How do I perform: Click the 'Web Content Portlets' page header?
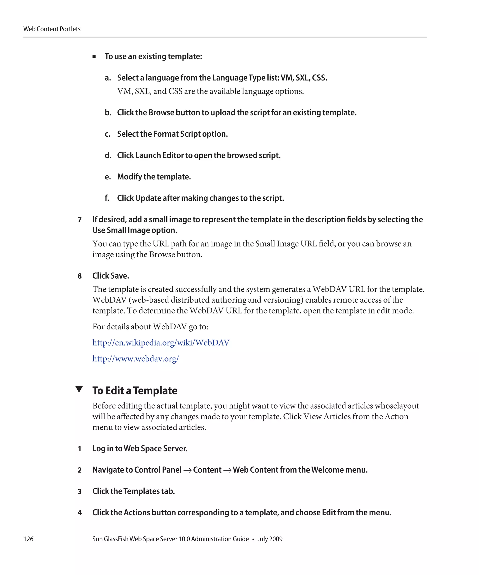[x=52, y=29]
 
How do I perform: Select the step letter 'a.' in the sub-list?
[x=108, y=78]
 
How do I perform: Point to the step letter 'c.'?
[x=108, y=134]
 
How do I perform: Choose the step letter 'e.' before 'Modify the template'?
[x=108, y=177]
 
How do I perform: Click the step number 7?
[x=80, y=220]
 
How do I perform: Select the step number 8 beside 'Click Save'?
[x=80, y=276]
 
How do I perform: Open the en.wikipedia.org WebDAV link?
[x=161, y=343]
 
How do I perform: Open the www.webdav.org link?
[x=135, y=359]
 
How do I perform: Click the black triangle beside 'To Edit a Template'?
[x=79, y=389]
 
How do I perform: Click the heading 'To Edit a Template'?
[x=135, y=391]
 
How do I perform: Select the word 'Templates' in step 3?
[x=141, y=491]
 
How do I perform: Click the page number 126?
[x=29, y=539]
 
